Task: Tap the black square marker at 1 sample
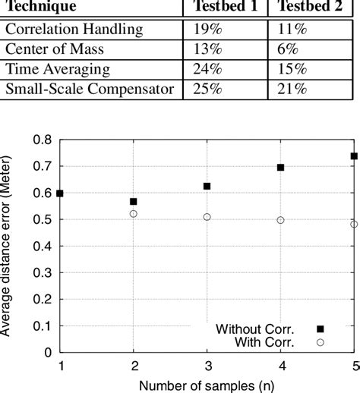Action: (x=60, y=193)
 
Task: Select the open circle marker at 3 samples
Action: (x=207, y=217)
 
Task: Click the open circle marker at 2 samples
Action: (x=134, y=214)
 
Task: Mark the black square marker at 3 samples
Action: (x=207, y=186)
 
